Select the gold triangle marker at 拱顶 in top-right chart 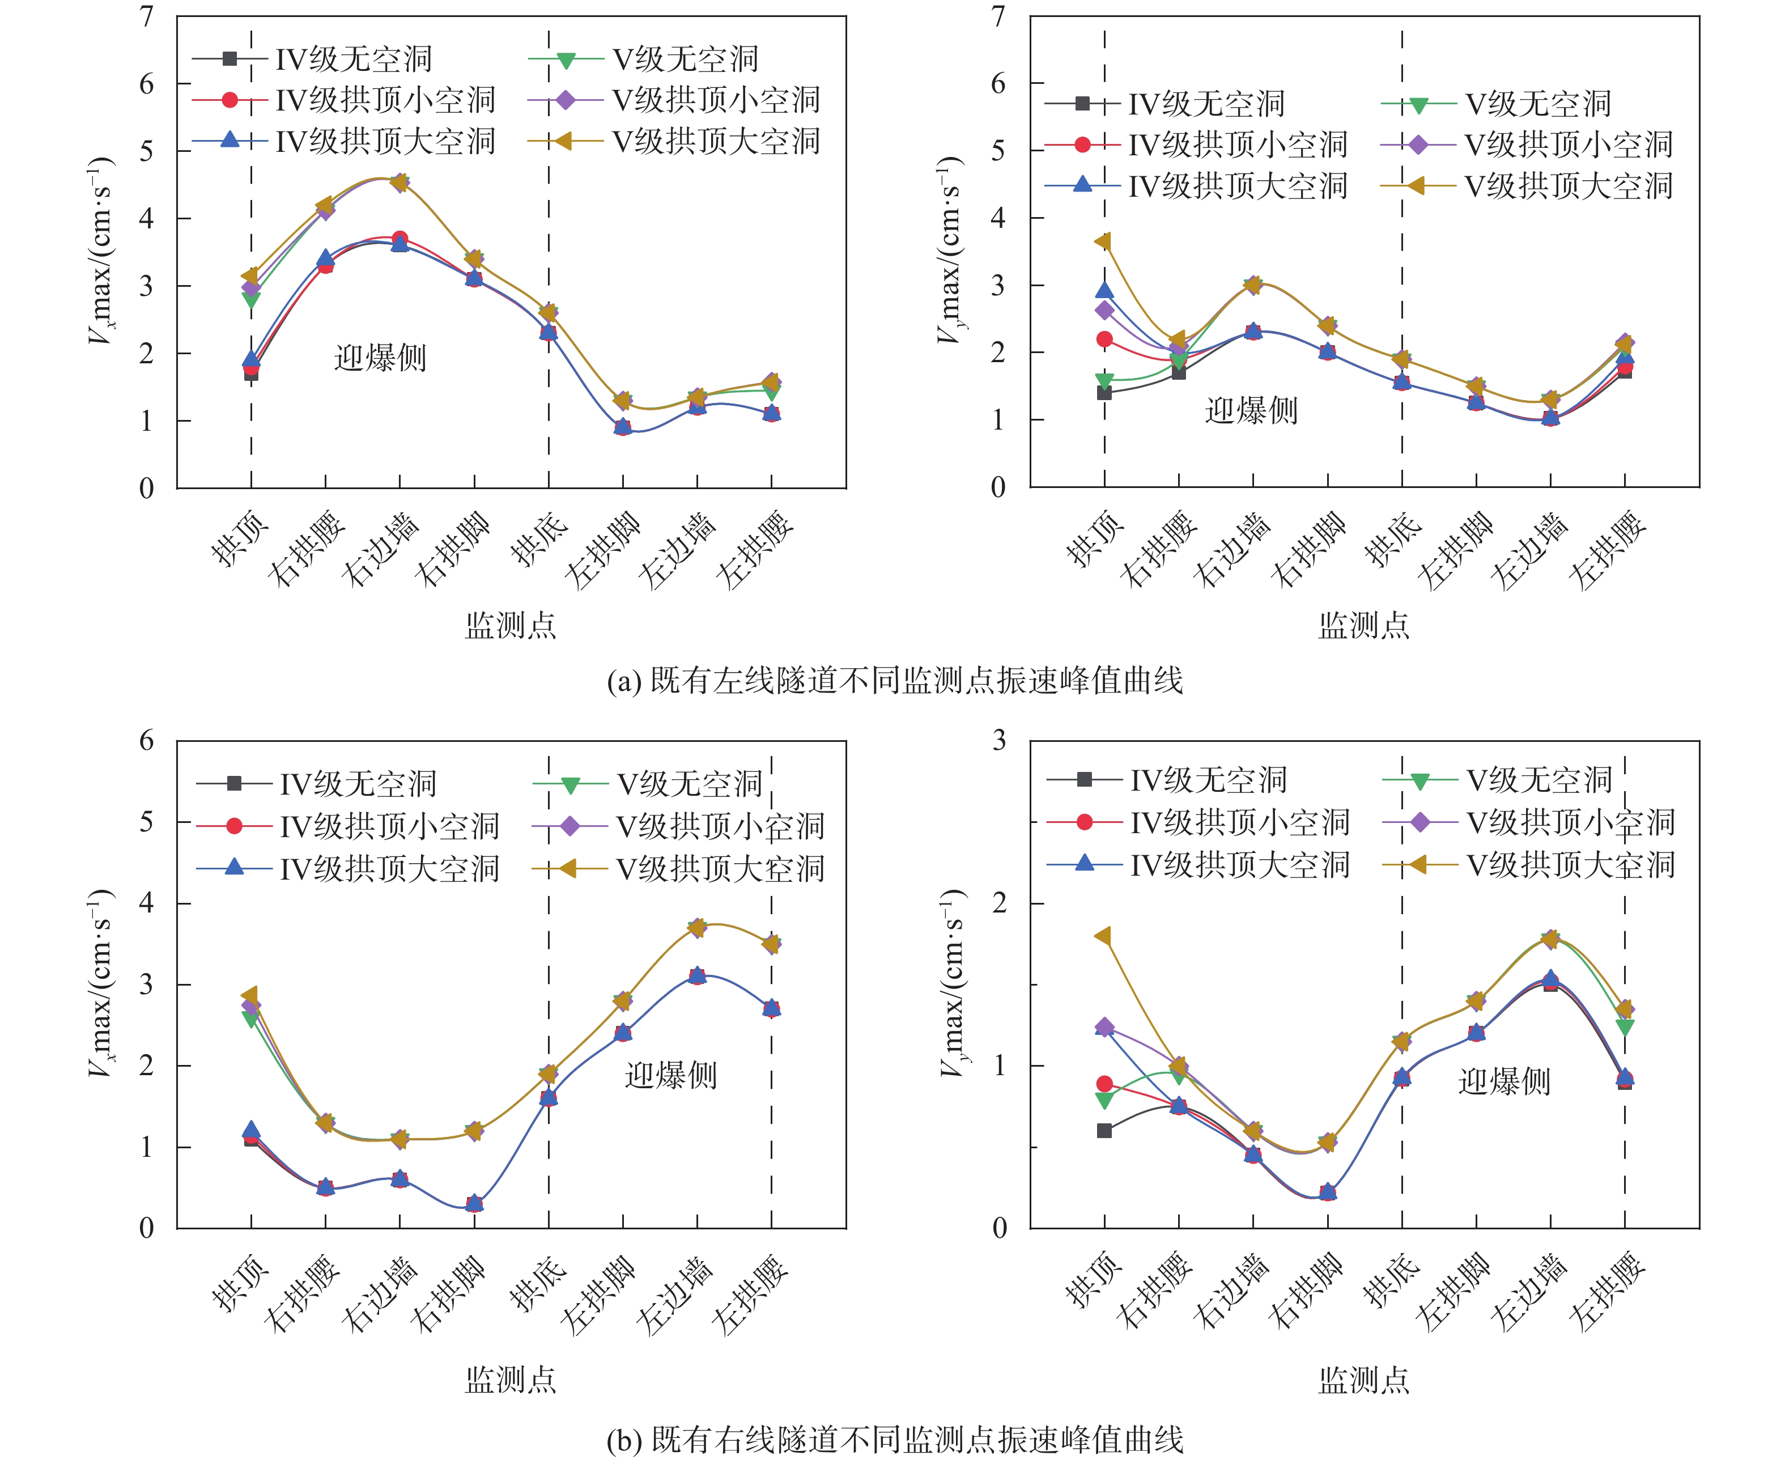coord(1103,242)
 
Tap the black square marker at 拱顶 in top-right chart coord(1104,393)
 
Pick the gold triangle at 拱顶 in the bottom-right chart coord(1103,936)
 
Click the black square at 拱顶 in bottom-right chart coord(1104,1130)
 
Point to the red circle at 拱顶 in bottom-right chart coord(1104,1084)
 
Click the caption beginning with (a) coord(895,680)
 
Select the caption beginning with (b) coord(895,1440)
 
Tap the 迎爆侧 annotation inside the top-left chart coord(380,358)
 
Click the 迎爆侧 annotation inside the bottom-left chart coord(670,1075)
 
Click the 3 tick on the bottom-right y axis coord(999,741)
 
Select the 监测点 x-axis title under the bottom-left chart coord(511,1380)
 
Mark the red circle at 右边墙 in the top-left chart coord(399,239)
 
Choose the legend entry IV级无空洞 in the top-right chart coord(1206,104)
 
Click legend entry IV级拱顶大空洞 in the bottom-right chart coord(1239,864)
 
